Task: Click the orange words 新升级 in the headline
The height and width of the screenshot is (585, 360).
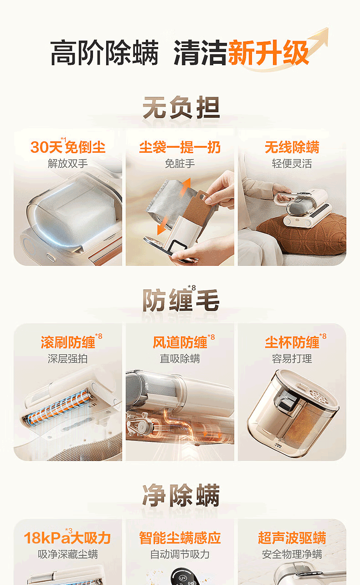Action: click(268, 53)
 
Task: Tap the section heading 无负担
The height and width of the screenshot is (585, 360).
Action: click(181, 107)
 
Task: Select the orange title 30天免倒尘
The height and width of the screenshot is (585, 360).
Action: click(68, 147)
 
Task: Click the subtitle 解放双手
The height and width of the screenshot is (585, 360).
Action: click(67, 164)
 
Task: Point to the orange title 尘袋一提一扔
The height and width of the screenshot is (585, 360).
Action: click(180, 147)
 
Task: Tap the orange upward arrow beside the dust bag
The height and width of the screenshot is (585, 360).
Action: click(186, 187)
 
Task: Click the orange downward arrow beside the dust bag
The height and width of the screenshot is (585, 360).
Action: click(162, 226)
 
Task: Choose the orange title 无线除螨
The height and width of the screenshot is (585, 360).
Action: click(292, 147)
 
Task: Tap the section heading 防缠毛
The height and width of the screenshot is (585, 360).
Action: click(181, 300)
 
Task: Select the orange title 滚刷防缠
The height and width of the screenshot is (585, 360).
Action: click(68, 342)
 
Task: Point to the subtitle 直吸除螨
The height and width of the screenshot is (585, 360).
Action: click(180, 359)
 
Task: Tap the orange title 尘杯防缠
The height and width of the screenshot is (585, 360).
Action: click(292, 342)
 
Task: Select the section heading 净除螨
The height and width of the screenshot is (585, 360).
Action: click(181, 496)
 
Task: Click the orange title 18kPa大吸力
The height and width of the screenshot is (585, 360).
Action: click(67, 538)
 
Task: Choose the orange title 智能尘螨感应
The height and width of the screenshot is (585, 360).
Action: click(180, 538)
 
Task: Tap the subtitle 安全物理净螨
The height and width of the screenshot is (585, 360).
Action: click(292, 554)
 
